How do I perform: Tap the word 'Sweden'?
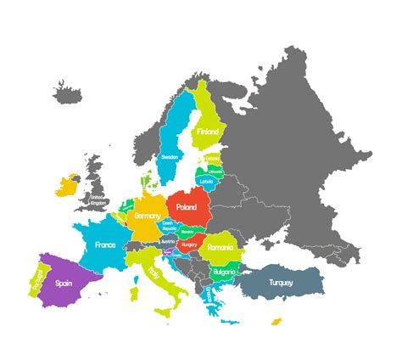point(170,157)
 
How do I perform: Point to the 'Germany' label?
point(147,217)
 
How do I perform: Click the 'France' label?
point(105,245)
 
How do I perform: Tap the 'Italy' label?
point(154,273)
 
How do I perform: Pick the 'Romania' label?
point(220,247)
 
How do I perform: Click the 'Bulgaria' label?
point(224,272)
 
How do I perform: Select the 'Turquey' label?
point(281,282)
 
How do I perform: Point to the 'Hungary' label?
point(189,245)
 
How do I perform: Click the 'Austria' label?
point(167,240)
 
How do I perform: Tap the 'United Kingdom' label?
point(99,200)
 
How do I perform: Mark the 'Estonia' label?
point(212,157)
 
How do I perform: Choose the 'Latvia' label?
point(207,181)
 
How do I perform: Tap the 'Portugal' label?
point(36,279)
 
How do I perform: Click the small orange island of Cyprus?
point(276,321)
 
